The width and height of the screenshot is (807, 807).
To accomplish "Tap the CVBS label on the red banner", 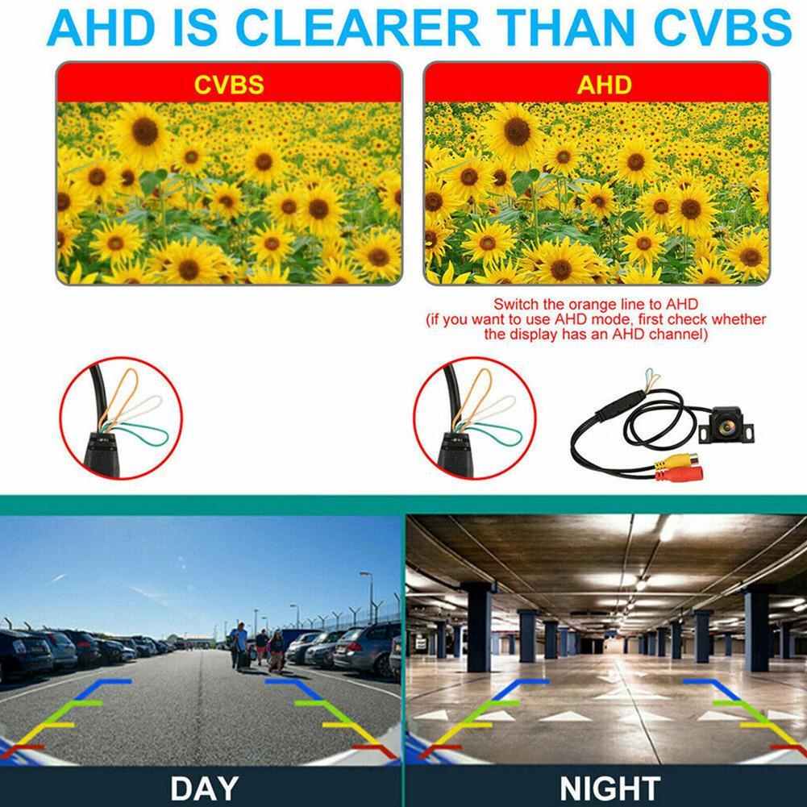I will (x=228, y=84).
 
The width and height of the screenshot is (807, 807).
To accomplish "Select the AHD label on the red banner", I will (x=604, y=84).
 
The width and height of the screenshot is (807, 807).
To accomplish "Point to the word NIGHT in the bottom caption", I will (x=609, y=786).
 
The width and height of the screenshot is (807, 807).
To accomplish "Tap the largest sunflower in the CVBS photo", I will (x=144, y=132).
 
